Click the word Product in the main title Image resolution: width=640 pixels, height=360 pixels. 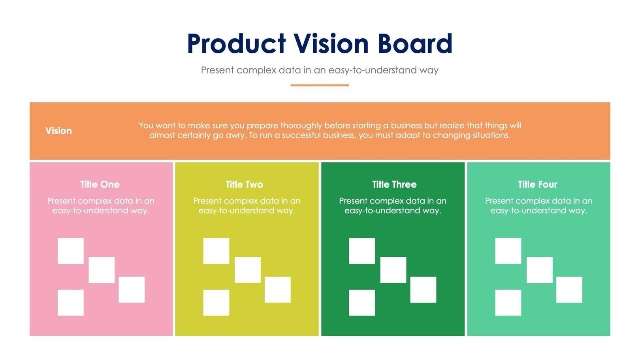tap(236, 43)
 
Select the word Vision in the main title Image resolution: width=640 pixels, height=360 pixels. tap(331, 43)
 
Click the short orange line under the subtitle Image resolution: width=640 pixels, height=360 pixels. tap(320, 85)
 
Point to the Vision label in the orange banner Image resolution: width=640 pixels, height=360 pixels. tap(58, 131)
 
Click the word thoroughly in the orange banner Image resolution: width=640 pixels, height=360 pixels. tap(301, 126)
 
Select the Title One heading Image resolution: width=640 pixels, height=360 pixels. tap(100, 185)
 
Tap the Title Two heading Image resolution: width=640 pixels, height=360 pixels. tap(244, 185)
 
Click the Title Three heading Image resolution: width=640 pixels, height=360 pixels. tap(394, 185)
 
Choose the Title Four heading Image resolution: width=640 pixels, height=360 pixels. tap(538, 185)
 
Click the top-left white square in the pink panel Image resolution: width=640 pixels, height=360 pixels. tap(71, 251)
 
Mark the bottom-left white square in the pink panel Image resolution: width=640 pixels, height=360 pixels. tap(71, 303)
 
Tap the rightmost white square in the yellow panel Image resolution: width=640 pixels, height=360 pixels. tap(278, 290)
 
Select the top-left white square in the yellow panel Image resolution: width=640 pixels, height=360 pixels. tap(216, 251)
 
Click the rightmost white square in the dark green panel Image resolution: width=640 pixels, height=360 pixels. tap(423, 290)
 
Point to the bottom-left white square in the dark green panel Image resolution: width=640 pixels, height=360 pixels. tap(362, 303)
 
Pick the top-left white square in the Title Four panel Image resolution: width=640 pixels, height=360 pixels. tap(508, 251)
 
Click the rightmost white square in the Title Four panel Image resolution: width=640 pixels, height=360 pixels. tap(569, 290)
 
